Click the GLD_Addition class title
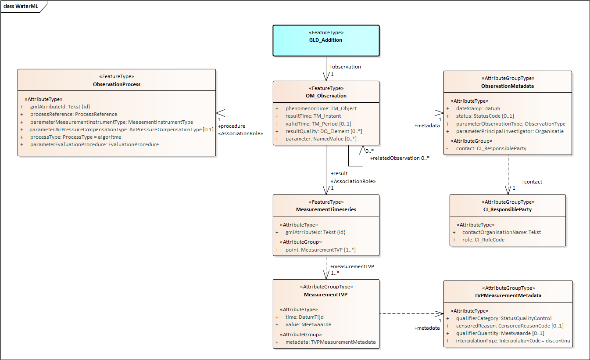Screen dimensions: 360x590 coord(325,40)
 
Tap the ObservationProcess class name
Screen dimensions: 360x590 coord(117,84)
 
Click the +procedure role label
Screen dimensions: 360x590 coord(232,126)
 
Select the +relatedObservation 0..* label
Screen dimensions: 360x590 coord(399,158)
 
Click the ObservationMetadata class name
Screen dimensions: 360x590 coord(507,86)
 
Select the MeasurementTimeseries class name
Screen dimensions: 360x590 coord(326,209)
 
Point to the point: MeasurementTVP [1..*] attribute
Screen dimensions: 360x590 coord(320,250)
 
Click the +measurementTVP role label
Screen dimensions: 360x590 coord(352,266)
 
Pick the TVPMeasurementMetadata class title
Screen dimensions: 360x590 coord(508,295)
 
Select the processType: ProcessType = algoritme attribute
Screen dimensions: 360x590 coord(75,137)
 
